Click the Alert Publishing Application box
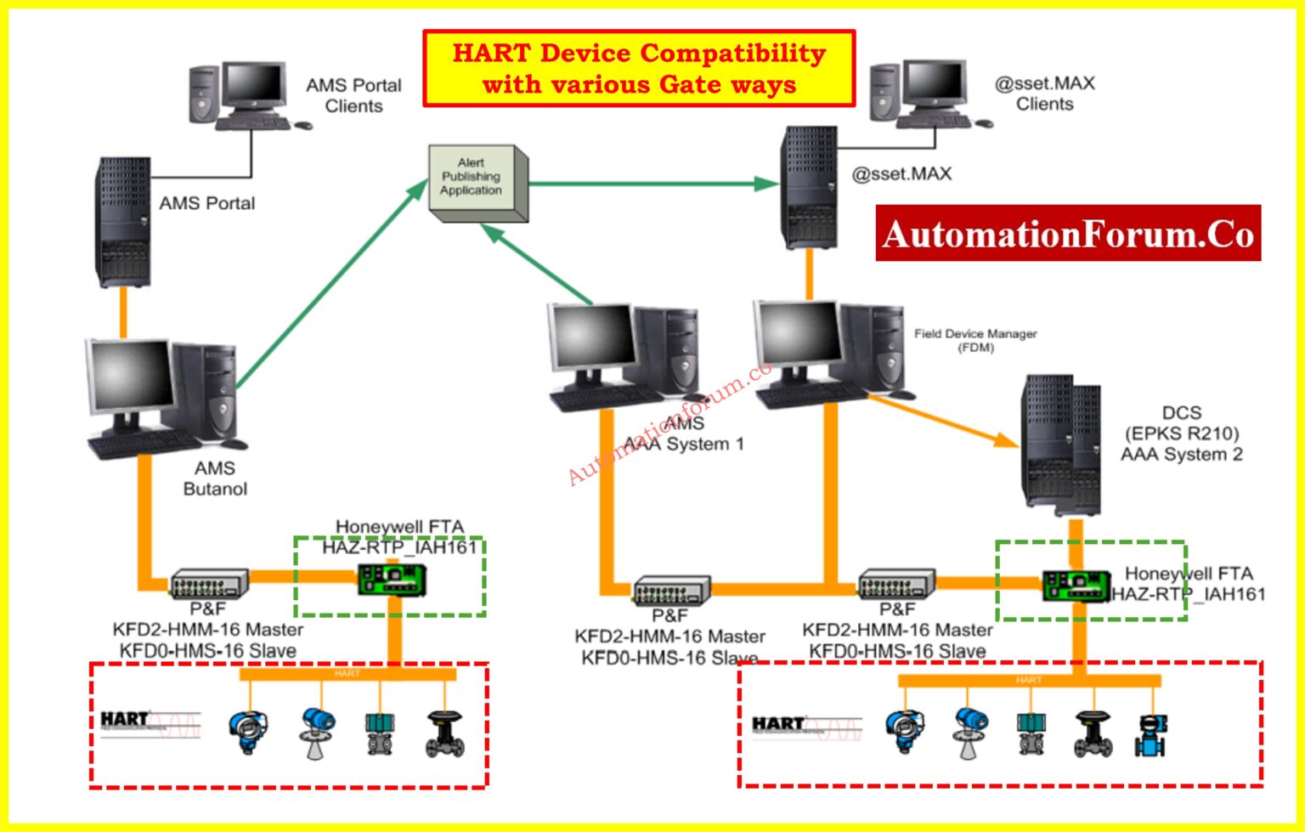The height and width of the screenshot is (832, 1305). [476, 182]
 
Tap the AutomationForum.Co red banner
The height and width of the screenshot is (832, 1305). [1068, 233]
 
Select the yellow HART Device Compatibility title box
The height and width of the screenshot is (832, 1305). [639, 68]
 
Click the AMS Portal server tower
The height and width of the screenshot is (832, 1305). [122, 221]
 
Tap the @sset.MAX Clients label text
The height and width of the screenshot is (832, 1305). [1044, 93]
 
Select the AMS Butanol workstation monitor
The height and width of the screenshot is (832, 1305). [128, 376]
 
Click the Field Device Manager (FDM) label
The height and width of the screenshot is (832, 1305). [975, 340]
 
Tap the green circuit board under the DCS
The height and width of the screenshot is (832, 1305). [1076, 585]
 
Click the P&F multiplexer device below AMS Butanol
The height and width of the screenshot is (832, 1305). [209, 584]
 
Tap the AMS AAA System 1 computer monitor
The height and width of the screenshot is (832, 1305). [592, 338]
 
